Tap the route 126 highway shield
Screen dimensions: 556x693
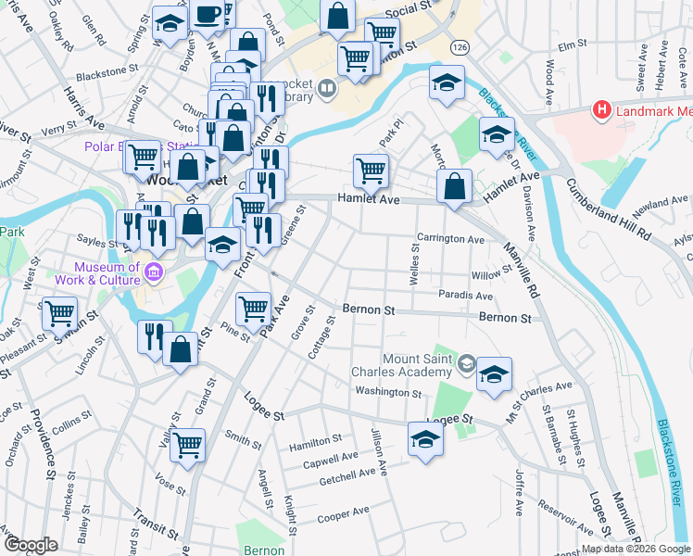coord(460,46)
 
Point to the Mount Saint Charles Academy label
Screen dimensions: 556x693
coord(418,364)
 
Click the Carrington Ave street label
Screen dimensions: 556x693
coord(450,239)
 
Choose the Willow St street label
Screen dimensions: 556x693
coord(491,275)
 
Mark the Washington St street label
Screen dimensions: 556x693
coord(388,392)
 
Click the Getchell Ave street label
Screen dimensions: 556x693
coord(347,476)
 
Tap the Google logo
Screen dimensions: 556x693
coord(30,545)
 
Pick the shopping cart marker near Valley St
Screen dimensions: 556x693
coord(188,444)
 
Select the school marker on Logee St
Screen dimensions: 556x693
coord(426,438)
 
